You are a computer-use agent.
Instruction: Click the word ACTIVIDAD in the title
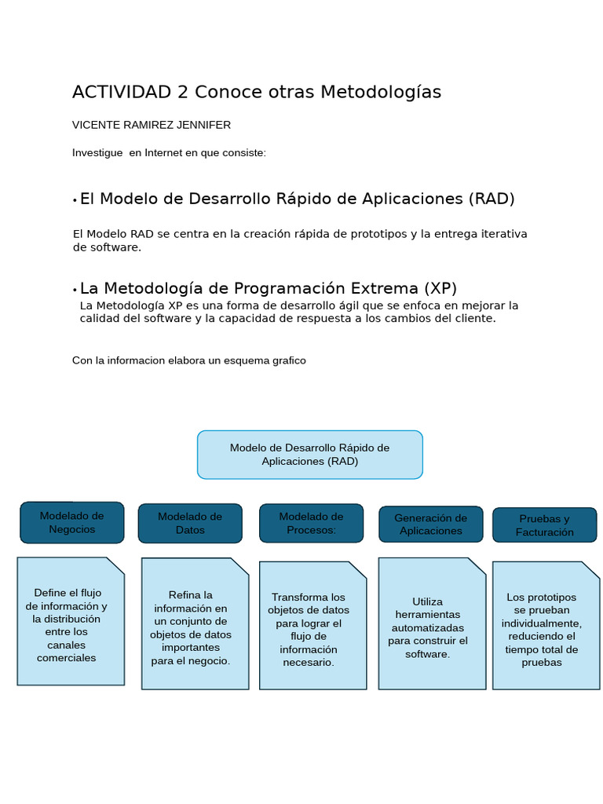122,93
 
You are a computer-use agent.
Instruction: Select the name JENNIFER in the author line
205,125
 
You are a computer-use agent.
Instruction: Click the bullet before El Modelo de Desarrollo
75,201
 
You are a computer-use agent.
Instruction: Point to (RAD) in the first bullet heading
492,199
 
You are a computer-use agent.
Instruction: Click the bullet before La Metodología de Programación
75,290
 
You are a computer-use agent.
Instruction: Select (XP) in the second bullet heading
440,288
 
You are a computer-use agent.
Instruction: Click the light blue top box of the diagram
309,455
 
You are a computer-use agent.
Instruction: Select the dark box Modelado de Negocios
71,522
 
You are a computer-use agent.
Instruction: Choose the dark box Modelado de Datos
190,523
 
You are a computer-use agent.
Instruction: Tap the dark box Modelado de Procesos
311,523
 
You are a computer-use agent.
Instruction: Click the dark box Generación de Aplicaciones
430,524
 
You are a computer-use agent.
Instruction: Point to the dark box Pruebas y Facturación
544,524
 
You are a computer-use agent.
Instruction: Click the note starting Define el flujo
71,621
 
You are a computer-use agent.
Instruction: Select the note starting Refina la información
195,624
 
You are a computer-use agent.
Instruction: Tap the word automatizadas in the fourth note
428,627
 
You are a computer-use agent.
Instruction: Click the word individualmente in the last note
541,623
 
